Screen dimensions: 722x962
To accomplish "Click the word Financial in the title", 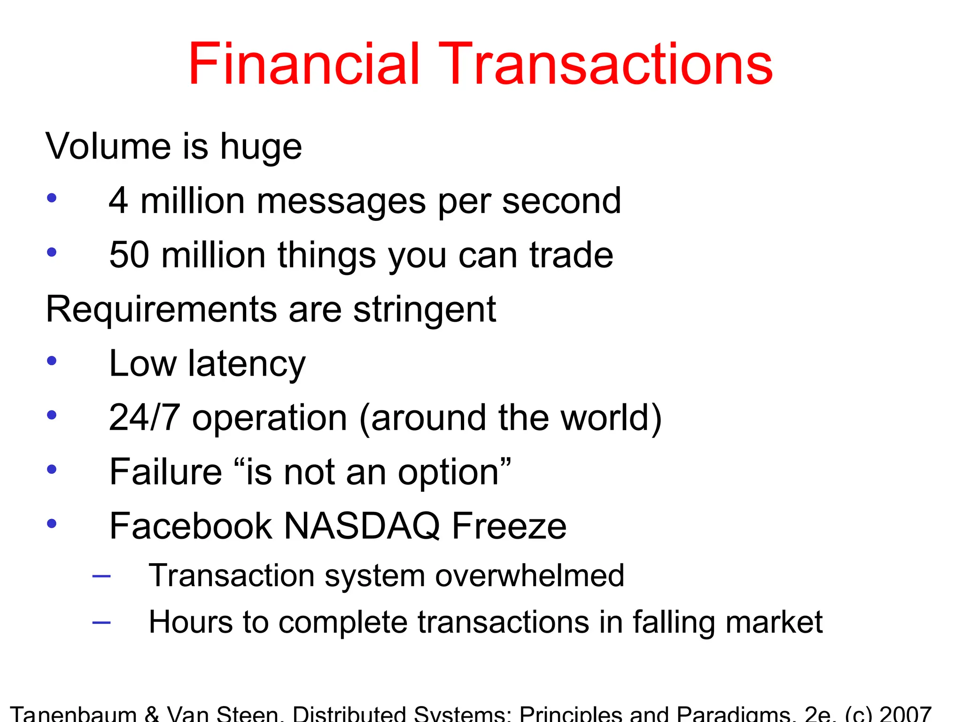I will (x=303, y=64).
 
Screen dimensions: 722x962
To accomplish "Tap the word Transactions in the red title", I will (x=606, y=64).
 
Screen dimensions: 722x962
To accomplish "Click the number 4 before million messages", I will (x=118, y=201).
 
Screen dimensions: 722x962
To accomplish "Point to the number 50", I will (x=129, y=255).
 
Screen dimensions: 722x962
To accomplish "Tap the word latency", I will (x=247, y=364).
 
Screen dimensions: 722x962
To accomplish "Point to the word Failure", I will (x=165, y=472).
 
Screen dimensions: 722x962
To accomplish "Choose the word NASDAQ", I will (x=362, y=526).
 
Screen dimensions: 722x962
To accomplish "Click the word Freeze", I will (x=509, y=526).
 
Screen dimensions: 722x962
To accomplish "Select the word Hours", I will (x=190, y=622).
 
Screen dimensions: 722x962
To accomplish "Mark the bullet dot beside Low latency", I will (x=52, y=361).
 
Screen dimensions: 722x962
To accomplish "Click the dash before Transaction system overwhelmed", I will (x=101, y=576).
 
